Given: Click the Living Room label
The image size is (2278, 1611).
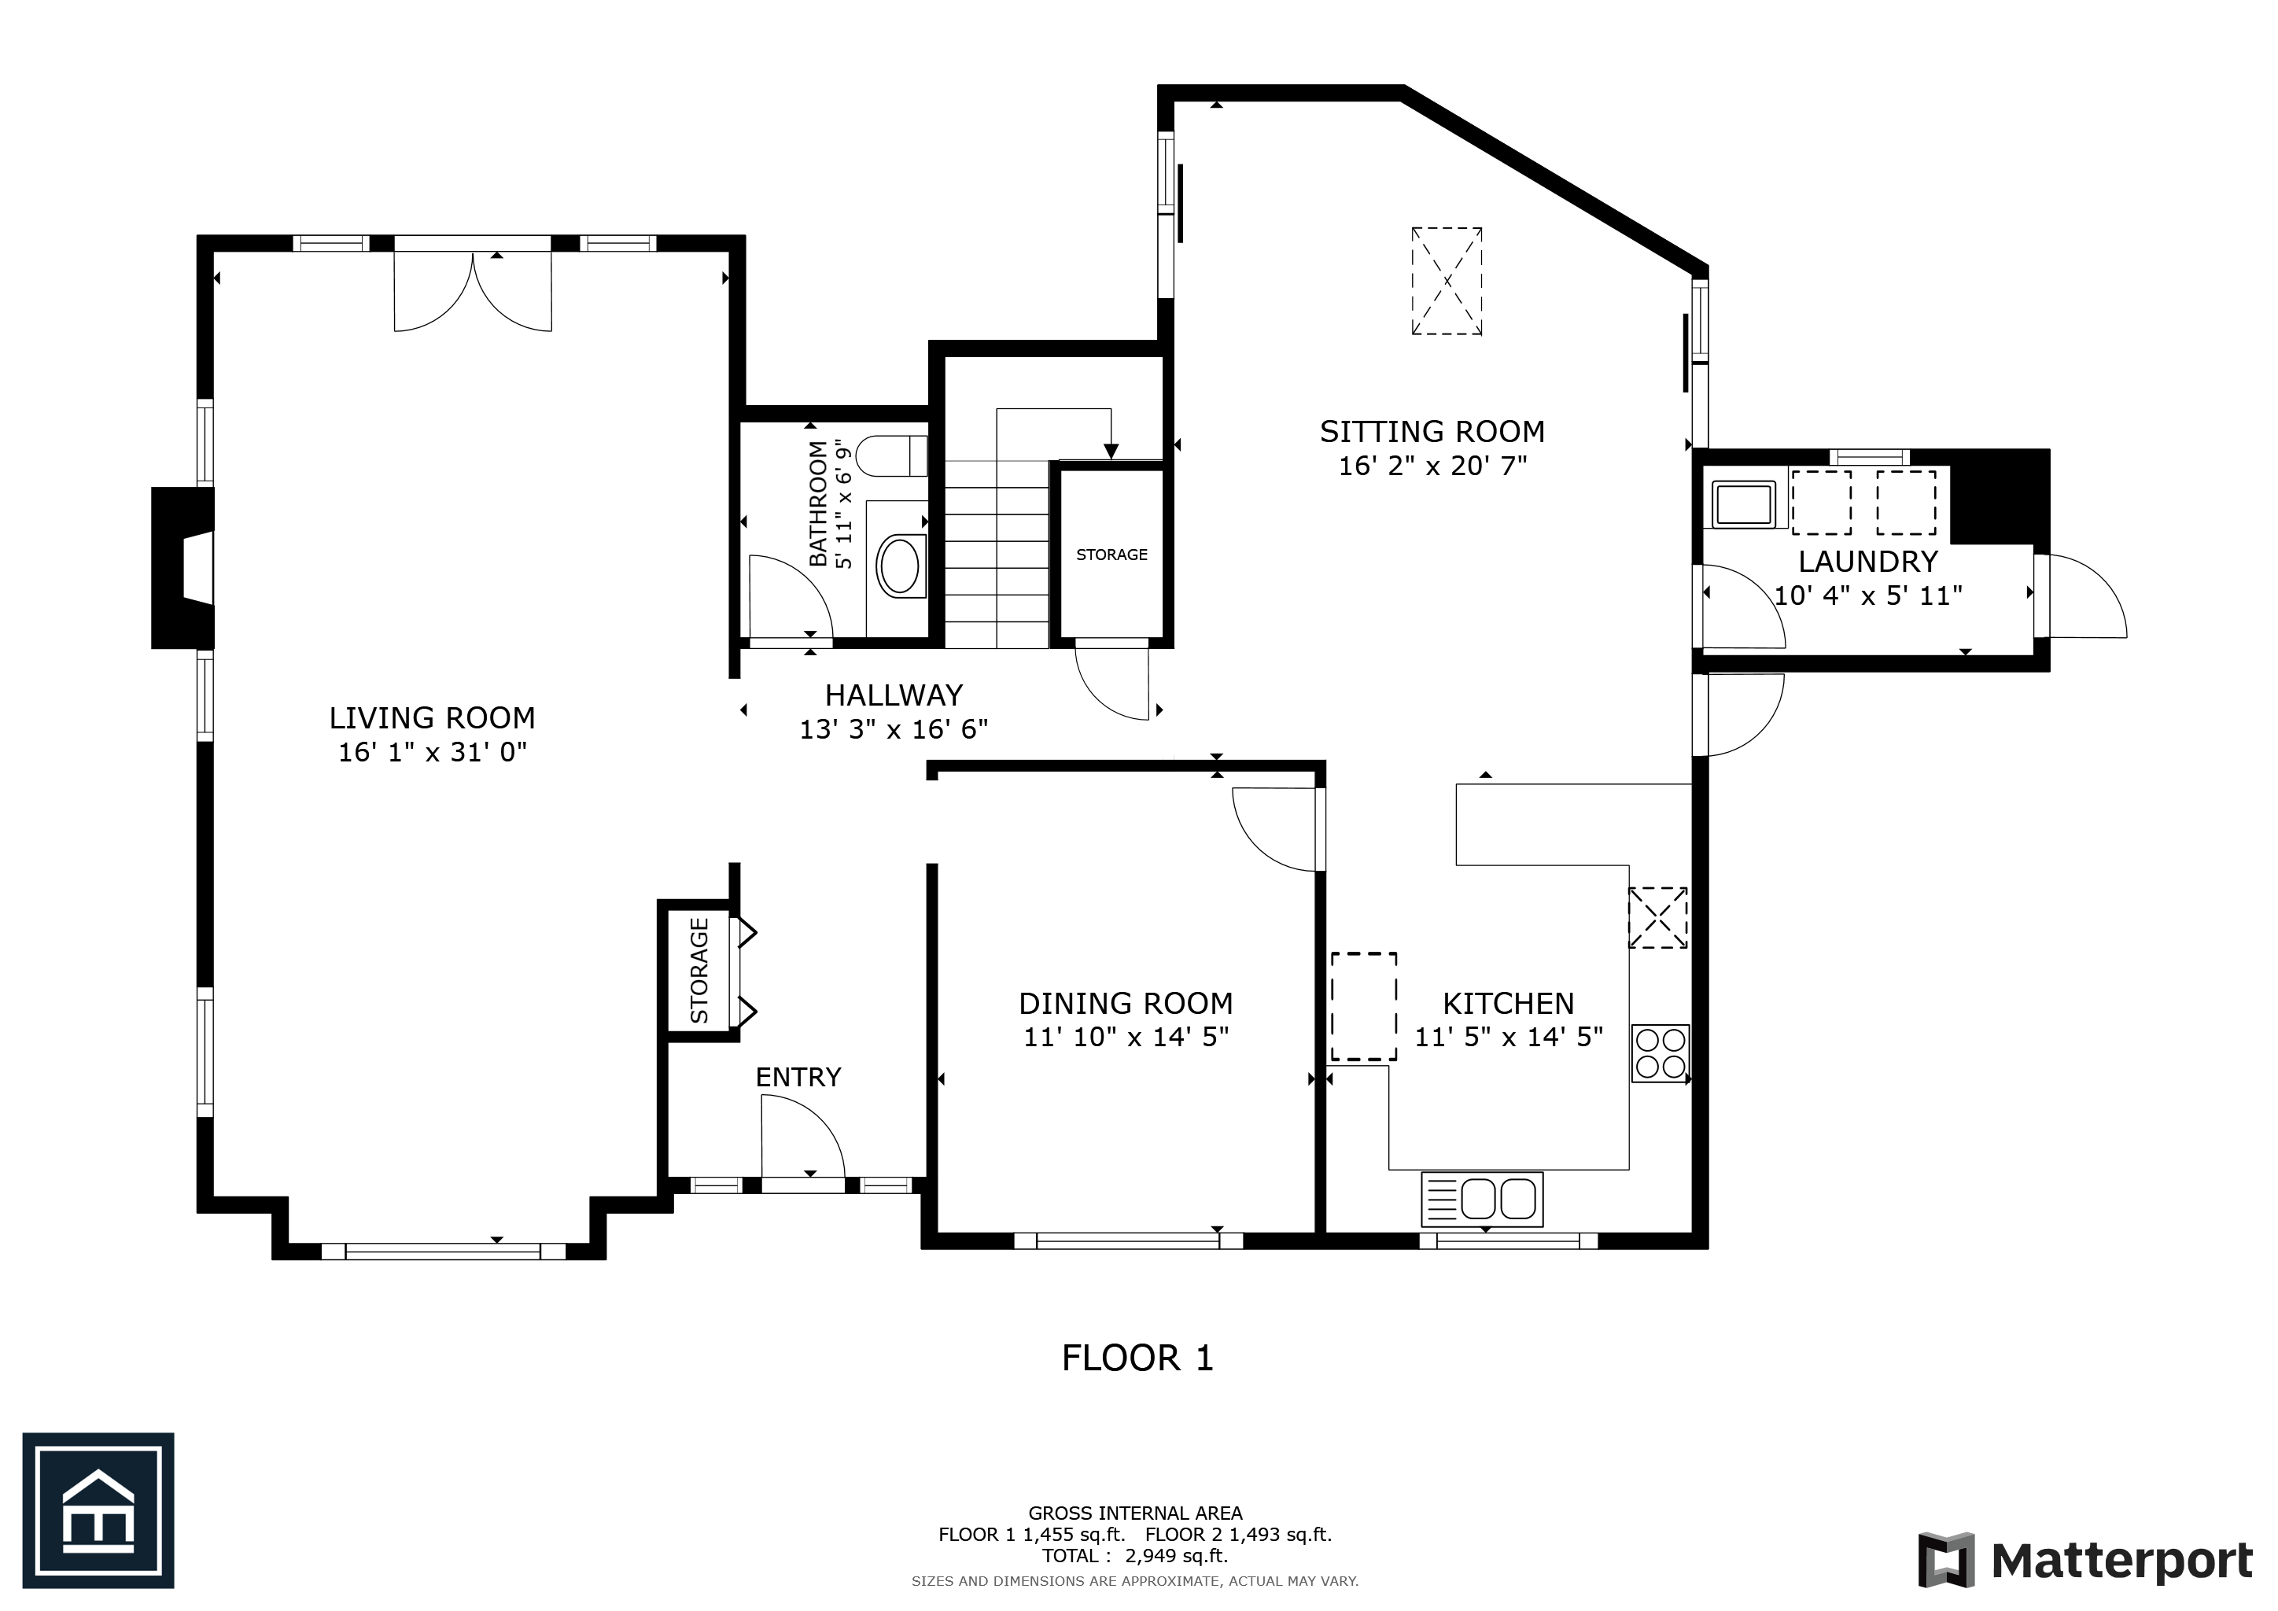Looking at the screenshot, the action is [x=432, y=717].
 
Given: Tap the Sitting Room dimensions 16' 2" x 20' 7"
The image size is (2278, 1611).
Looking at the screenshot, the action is [x=1432, y=465].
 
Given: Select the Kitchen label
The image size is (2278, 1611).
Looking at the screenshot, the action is [x=1508, y=1003].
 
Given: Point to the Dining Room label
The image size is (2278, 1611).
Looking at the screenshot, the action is [x=1126, y=1003].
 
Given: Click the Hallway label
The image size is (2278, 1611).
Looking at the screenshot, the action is [x=894, y=695].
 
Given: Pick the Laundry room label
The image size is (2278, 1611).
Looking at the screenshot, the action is [x=1868, y=562].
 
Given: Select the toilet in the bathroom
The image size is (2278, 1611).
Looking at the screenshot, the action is [x=891, y=456].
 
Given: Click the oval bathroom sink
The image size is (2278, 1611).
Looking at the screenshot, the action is [x=901, y=566].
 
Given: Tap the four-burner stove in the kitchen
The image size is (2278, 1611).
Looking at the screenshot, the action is [x=1660, y=1053].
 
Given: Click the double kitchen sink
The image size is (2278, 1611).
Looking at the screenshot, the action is [x=1482, y=1200].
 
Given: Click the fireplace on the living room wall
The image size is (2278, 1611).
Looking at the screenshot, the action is [x=182, y=567].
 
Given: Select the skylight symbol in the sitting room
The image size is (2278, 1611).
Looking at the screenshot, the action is [x=1447, y=281].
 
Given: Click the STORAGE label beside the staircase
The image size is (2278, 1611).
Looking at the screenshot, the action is [x=1111, y=555].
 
